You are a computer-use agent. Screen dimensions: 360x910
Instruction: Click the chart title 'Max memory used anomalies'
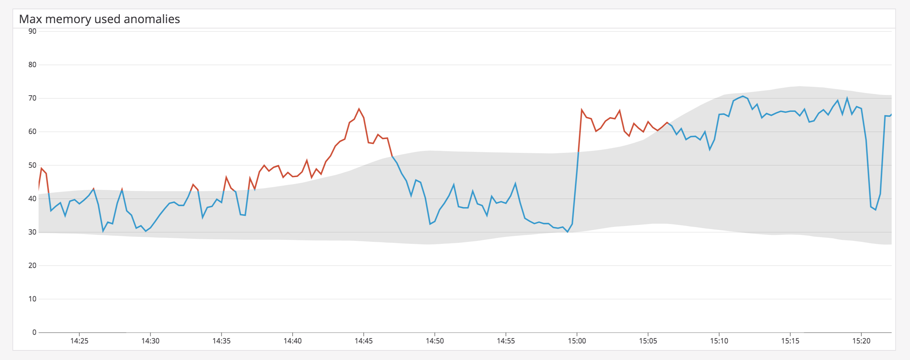tap(99, 19)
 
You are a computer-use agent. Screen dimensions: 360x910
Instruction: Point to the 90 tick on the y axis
tap(32, 31)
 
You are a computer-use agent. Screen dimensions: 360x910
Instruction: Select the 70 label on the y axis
tap(32, 98)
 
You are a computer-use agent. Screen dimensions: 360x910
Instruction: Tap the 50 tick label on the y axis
tap(32, 165)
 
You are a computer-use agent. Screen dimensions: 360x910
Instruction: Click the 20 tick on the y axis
tap(32, 266)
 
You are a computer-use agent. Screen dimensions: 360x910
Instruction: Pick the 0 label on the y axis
tap(34, 333)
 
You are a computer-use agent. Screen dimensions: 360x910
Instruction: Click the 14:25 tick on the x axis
tap(79, 341)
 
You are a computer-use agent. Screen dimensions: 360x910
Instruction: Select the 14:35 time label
tap(221, 341)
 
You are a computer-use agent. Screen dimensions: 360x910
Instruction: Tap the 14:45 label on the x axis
tap(364, 341)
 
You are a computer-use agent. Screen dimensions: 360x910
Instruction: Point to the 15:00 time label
tap(577, 341)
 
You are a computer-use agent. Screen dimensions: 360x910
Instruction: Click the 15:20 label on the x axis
tap(861, 341)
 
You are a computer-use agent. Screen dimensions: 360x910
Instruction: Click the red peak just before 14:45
tap(359, 109)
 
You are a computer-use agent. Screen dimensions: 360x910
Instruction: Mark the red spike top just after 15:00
tap(581, 110)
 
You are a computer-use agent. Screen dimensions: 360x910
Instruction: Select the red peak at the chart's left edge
tap(41, 168)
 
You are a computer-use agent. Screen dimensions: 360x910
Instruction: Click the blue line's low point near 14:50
tap(430, 224)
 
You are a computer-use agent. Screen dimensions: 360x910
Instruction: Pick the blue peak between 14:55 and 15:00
tap(516, 183)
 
